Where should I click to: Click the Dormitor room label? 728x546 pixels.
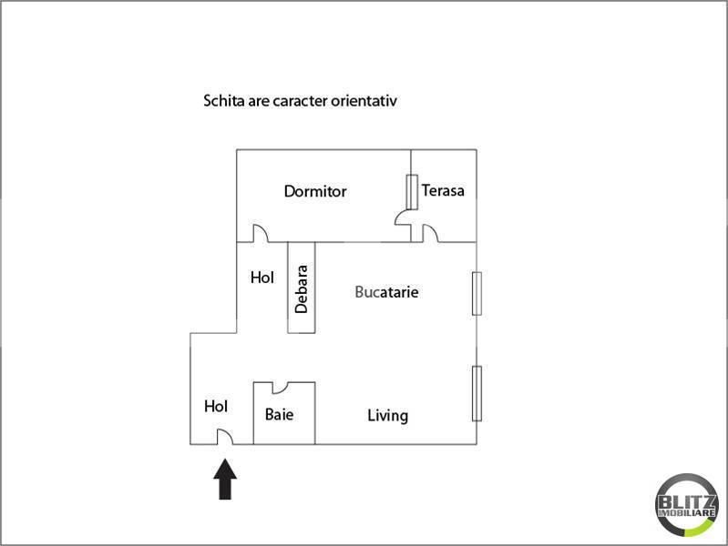[x=315, y=191]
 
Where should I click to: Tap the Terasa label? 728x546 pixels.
[x=443, y=190]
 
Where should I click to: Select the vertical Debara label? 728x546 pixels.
[x=302, y=288]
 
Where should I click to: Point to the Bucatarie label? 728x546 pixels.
[x=387, y=292]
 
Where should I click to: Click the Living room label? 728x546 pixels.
[x=387, y=416]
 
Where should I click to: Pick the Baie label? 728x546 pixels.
[x=279, y=415]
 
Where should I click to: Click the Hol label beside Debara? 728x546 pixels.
[x=262, y=278]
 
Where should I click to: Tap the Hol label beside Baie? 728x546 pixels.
[x=216, y=406]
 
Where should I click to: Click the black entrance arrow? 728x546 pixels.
[x=226, y=480]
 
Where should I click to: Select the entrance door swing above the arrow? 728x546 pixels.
[x=224, y=438]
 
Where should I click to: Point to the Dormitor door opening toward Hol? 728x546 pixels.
[x=260, y=235]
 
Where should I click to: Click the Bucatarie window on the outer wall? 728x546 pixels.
[x=477, y=293]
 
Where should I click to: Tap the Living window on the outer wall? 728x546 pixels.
[x=477, y=393]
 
